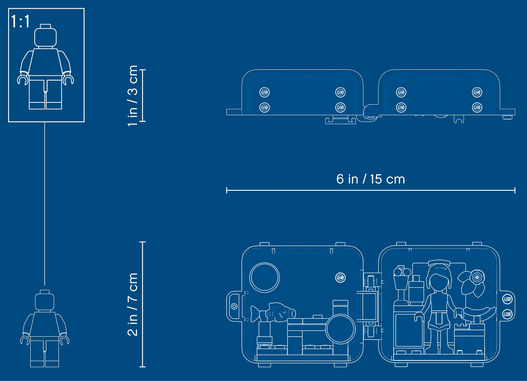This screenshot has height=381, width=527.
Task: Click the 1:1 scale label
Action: (x=20, y=21)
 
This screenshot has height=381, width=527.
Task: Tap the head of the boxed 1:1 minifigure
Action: (x=46, y=37)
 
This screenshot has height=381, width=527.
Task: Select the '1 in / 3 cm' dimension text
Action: (x=133, y=96)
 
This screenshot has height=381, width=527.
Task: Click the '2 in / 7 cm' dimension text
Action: (x=133, y=305)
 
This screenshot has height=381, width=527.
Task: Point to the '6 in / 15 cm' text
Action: (x=371, y=179)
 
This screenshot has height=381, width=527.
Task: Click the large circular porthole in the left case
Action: (x=264, y=277)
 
